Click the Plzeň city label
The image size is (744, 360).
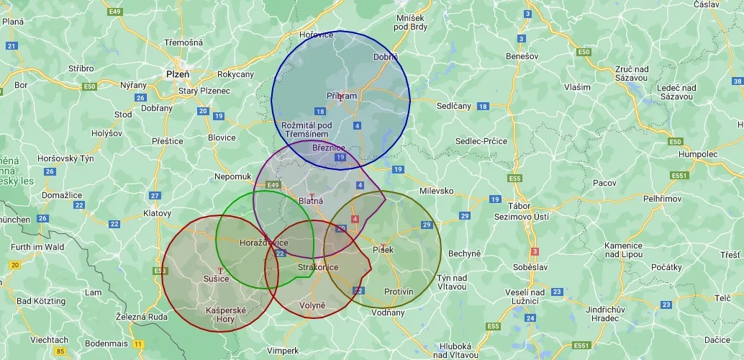tap(178, 73)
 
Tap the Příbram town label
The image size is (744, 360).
tap(342, 96)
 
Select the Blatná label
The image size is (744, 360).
tap(311, 202)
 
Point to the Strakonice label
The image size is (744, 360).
tap(318, 267)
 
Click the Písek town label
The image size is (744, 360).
tap(384, 249)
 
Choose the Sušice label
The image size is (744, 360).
tap(216, 279)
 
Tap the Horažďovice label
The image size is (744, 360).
tap(263, 243)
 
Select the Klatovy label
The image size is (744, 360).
tap(158, 213)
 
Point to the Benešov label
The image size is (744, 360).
tap(522, 55)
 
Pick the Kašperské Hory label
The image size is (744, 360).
tap(226, 314)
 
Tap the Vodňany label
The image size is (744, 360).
tap(388, 312)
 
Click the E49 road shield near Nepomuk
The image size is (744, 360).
tap(273, 185)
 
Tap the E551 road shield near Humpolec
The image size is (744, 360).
tap(679, 175)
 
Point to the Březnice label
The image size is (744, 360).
tap(329, 148)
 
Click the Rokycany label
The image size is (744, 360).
tap(236, 74)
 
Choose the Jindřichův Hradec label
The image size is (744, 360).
tap(590, 314)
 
